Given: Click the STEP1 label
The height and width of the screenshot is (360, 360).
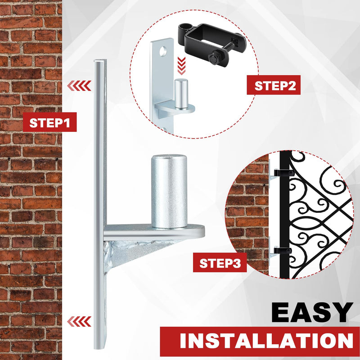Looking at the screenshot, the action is pos(49,122).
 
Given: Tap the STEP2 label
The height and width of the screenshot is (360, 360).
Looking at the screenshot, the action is pos(274,85).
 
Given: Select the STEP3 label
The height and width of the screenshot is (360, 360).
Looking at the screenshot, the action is pos(220,263).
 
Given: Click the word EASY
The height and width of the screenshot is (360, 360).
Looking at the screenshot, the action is pos(312,312).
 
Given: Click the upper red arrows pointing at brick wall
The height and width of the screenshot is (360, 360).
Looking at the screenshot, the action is pos(79,86).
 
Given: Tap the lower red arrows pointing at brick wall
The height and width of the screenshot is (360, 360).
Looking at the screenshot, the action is pos(79,321).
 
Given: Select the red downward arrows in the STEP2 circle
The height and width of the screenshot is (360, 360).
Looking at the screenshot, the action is pos(181,66).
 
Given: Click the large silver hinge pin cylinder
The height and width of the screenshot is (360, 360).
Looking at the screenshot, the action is pos(169,191).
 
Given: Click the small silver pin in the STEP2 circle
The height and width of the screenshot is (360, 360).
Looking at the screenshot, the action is pos(181,93).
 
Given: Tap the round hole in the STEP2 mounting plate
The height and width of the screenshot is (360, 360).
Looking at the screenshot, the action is pos(163,51).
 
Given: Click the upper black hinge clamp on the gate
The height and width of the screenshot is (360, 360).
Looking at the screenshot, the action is pos(284,172).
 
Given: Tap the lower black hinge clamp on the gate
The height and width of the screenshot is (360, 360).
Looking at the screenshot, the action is pos(283,251).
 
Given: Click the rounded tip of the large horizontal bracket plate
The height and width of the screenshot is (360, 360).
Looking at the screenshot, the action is pos(203,231).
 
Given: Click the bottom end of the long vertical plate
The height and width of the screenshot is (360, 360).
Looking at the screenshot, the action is pos(100,347).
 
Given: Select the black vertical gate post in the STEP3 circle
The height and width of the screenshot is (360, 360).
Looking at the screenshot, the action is pos(284,215).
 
